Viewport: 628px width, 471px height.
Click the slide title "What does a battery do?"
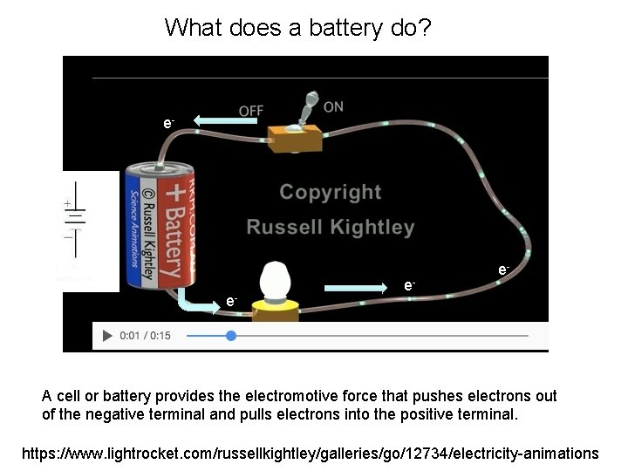pos(297,29)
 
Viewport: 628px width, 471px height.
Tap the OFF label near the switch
pos(250,112)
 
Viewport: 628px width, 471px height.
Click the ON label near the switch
pos(333,106)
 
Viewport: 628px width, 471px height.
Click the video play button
pos(107,336)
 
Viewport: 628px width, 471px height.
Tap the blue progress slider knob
pos(230,336)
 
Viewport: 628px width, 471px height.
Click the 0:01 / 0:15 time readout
pos(146,336)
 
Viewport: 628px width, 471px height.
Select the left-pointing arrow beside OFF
pos(225,121)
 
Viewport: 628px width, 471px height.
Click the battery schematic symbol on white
pos(77,218)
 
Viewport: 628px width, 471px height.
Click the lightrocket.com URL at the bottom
pos(310,453)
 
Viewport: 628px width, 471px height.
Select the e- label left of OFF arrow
pos(168,123)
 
